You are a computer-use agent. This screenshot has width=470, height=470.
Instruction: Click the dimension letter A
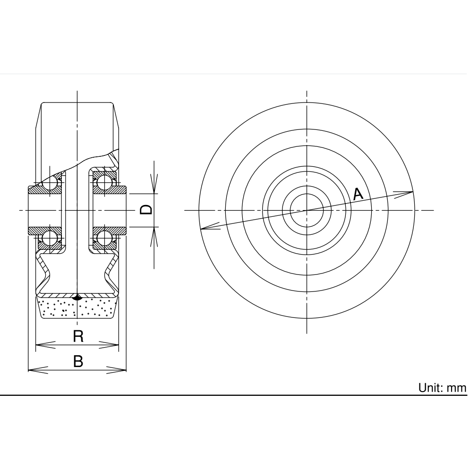[358, 193]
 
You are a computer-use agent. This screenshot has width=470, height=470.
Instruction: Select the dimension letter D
[147, 210]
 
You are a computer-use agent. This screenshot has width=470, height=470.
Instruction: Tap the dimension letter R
[78, 336]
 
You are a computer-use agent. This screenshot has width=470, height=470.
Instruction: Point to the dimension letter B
[78, 361]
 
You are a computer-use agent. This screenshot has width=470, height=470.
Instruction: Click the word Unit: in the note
[430, 388]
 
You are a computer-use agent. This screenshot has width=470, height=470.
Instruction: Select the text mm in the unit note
[457, 388]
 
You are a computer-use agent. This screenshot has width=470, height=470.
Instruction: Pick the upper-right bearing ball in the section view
[104, 181]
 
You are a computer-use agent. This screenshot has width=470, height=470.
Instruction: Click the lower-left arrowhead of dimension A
[208, 228]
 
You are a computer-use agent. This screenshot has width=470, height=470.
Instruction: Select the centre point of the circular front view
[307, 210]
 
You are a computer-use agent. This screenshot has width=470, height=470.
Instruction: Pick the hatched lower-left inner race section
[45, 231]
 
